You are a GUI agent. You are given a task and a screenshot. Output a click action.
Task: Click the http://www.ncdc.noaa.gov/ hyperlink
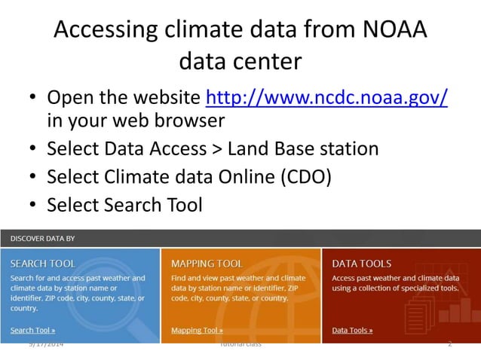tap(326, 99)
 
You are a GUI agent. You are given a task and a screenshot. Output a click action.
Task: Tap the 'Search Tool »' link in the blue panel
tap(32, 330)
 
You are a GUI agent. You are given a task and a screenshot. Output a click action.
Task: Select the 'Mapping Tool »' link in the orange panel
tap(197, 330)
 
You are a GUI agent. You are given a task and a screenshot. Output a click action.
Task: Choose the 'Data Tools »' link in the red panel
tap(352, 330)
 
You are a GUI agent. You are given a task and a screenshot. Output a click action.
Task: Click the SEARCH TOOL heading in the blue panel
tap(43, 264)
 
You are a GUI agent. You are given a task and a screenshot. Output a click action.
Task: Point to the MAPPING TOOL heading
tap(207, 264)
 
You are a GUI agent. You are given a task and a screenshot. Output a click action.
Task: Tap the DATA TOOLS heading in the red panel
tap(362, 264)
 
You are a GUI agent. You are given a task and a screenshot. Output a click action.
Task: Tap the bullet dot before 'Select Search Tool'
tap(32, 205)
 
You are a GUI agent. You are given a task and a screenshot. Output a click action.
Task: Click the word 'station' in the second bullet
tap(341, 148)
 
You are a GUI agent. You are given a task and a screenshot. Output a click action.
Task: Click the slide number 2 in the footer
tap(449, 344)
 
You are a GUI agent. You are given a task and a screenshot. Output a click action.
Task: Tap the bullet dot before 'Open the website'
tap(32, 99)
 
